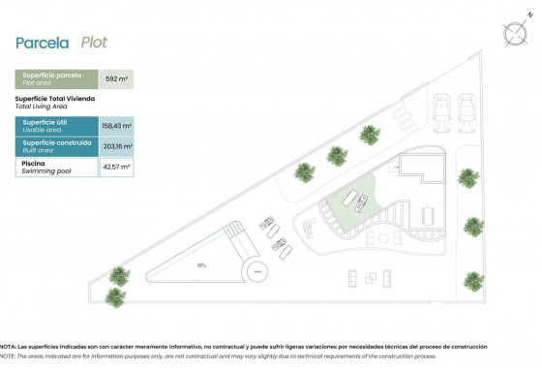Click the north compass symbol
click(x=512, y=31)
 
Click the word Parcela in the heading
click(x=42, y=43)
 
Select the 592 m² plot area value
click(x=116, y=79)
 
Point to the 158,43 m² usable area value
click(x=116, y=126)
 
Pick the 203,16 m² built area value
click(x=116, y=146)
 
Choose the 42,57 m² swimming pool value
click(x=116, y=167)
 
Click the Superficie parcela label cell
click(x=57, y=79)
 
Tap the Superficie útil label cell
click(x=57, y=126)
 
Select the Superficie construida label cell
click(x=57, y=146)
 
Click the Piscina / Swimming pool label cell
click(x=57, y=167)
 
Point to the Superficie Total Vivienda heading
click(x=54, y=102)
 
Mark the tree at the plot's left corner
click(x=119, y=275)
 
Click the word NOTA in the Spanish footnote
click(x=8, y=346)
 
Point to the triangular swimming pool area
click(x=208, y=261)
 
